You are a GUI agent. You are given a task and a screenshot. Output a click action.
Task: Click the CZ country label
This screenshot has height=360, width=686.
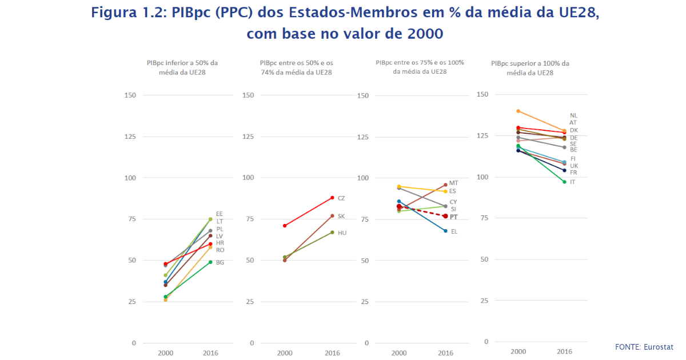coord(341,198)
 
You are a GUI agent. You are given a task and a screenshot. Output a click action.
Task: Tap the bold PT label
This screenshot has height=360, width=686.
coord(454,217)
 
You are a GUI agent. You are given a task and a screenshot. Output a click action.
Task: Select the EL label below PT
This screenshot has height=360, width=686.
coord(454,231)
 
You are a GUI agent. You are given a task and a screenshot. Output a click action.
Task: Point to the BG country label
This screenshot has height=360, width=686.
coord(220,262)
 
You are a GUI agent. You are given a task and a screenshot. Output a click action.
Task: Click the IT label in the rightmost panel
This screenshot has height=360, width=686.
coord(572,182)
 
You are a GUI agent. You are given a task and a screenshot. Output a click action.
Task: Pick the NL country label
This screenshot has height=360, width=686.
coord(573,115)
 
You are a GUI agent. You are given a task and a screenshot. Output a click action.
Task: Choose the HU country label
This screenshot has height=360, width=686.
coord(342,233)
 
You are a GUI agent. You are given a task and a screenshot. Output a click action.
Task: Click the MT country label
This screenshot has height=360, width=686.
coord(454,183)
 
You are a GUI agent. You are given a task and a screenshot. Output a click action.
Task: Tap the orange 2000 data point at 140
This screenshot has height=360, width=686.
coord(518,111)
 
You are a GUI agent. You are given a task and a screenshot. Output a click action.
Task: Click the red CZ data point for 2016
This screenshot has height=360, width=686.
coord(332,198)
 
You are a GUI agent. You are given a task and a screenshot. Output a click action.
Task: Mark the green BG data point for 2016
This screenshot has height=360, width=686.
coord(210,262)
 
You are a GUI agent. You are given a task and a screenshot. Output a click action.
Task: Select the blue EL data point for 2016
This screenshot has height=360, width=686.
coord(445,231)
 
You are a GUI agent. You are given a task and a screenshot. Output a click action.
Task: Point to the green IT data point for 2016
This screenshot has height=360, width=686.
coord(564,182)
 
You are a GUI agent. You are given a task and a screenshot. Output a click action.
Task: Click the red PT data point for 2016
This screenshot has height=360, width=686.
coord(445,216)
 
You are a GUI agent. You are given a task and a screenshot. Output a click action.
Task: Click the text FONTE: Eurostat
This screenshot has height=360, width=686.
coord(644,347)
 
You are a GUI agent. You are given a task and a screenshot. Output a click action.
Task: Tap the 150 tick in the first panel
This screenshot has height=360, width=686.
coord(130,95)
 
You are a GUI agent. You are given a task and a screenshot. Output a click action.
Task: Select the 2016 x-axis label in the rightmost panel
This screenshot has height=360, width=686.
coord(564,351)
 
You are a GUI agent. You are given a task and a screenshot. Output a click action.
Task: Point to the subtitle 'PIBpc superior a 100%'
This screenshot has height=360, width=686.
coord(530,63)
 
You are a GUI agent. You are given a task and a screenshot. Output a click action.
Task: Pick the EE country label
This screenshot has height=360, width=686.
coord(220,214)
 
